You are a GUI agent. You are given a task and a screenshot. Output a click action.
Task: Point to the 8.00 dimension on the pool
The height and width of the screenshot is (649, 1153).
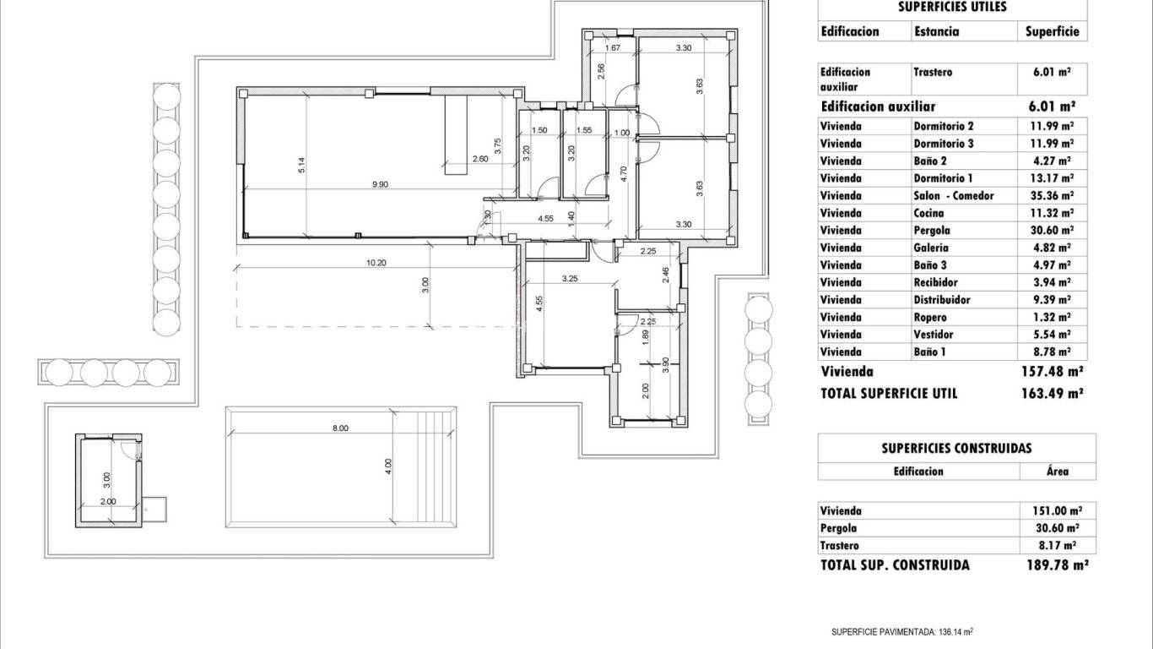(x=340, y=428)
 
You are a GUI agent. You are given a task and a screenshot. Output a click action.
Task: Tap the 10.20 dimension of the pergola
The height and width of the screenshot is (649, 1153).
(x=376, y=263)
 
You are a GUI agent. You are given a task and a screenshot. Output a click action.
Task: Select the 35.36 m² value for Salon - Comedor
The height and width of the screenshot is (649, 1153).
(x=1053, y=196)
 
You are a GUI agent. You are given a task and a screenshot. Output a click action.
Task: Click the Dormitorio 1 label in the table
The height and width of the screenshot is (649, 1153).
(x=943, y=178)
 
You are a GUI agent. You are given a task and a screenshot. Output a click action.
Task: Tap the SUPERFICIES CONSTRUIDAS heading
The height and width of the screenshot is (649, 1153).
(x=956, y=449)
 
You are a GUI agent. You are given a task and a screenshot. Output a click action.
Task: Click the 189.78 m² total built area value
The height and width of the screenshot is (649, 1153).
(x=1054, y=565)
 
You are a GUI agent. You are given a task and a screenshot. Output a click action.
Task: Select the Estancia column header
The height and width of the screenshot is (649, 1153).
(x=936, y=31)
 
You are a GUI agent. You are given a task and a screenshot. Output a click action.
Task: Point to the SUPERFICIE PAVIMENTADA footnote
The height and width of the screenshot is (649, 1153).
(x=902, y=631)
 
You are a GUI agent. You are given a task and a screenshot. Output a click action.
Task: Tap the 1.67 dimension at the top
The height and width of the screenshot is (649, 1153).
(x=614, y=48)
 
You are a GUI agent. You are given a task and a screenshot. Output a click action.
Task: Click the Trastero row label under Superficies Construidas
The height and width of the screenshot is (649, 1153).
(x=839, y=546)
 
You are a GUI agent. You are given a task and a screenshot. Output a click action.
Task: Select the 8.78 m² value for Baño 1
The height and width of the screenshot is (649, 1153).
(x=1053, y=352)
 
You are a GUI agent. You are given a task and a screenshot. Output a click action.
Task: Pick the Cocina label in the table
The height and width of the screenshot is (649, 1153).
(x=928, y=213)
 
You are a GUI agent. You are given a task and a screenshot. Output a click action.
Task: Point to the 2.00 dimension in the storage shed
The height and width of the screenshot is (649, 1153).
(x=108, y=501)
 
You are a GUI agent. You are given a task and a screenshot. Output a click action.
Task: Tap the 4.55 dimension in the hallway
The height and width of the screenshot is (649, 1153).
(x=545, y=220)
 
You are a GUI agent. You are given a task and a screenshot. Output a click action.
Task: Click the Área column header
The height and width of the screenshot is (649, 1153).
(x=1058, y=472)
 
